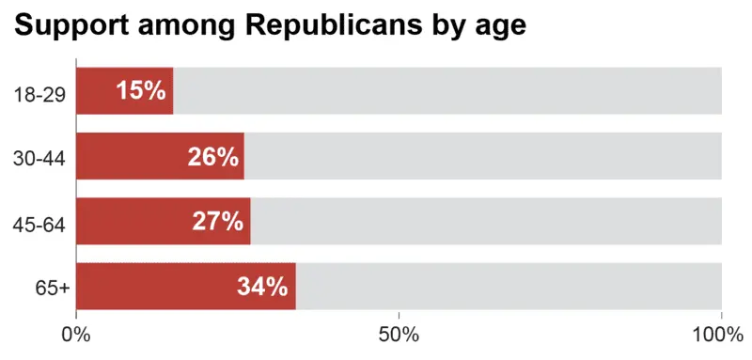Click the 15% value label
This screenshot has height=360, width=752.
(x=141, y=91)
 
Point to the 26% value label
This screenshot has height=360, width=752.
(x=212, y=156)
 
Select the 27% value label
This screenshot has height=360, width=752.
(x=218, y=221)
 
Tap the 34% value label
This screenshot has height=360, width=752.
(x=262, y=287)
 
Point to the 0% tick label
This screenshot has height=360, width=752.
(x=75, y=336)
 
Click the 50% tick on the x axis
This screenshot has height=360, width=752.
(x=399, y=336)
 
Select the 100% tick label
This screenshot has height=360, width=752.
(x=719, y=336)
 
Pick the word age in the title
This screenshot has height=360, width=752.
(x=499, y=29)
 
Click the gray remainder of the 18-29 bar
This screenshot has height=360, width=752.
(x=447, y=91)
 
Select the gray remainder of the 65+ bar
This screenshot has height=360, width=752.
(x=509, y=287)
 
